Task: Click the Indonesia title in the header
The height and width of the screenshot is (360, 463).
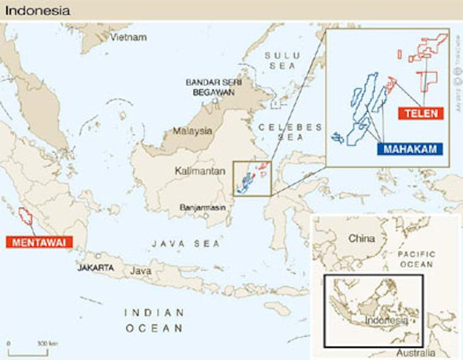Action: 38,11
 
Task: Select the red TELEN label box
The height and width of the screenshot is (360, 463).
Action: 420,113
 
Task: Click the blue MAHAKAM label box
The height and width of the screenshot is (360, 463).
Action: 411,149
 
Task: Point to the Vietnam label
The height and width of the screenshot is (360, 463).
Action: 129,37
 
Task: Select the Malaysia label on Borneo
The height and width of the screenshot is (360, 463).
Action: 192,131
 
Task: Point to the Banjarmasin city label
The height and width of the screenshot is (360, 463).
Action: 203,207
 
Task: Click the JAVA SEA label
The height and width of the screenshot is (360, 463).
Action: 185,243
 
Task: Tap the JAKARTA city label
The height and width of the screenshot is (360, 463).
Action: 96,267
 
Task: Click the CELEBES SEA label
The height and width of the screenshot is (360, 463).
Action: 290,132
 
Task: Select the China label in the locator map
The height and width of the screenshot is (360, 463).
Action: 361,239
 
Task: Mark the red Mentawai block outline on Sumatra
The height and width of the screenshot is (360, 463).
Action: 26,217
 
